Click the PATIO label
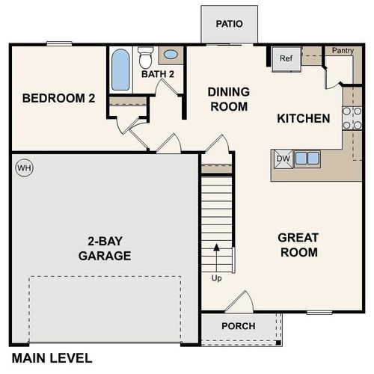pyautogui.click(x=230, y=23)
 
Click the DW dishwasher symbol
pyautogui.click(x=283, y=158)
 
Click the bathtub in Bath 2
pyautogui.click(x=120, y=70)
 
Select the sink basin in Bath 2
pyautogui.click(x=171, y=55)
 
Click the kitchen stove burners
pyautogui.click(x=348, y=118)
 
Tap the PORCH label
pyautogui.click(x=239, y=326)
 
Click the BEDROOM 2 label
pyautogui.click(x=58, y=98)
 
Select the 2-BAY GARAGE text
pyautogui.click(x=105, y=248)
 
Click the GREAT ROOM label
pyautogui.click(x=298, y=245)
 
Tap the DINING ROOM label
pyautogui.click(x=228, y=99)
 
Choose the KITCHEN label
pyautogui.click(x=304, y=118)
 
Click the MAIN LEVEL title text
pyautogui.click(x=52, y=358)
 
